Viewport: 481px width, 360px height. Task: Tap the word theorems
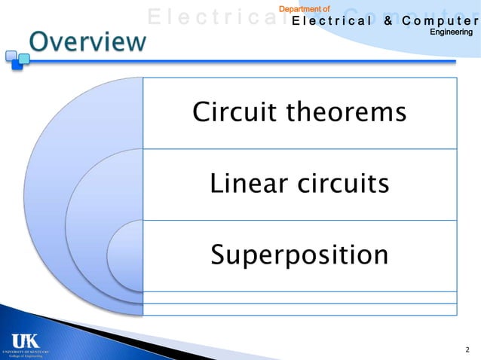[345, 113]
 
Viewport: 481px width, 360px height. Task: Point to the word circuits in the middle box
[345, 184]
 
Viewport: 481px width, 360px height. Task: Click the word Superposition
[299, 255]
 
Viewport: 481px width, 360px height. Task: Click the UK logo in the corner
[25, 338]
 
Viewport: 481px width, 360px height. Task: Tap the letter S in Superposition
[218, 255]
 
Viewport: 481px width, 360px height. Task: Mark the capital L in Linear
[216, 184]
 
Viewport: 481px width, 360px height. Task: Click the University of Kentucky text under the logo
[25, 351]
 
